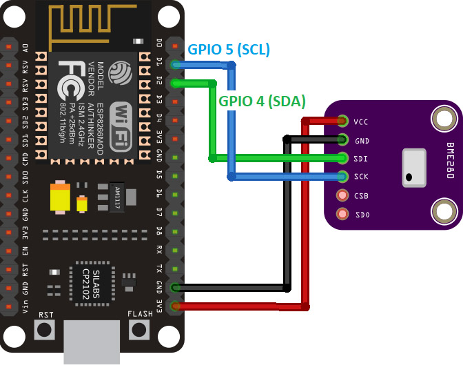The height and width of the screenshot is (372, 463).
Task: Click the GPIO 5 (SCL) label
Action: click(229, 50)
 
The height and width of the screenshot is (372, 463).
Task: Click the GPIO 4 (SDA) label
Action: click(262, 101)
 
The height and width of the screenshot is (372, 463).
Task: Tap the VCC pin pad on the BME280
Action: click(342, 121)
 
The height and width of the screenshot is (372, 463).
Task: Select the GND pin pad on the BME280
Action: click(342, 140)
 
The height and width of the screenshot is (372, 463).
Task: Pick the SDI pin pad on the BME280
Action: click(342, 158)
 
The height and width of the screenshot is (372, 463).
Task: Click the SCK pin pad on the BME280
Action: click(342, 177)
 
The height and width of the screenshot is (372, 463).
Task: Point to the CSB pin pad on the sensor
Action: click(342, 195)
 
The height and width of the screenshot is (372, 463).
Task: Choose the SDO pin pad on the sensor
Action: click(342, 214)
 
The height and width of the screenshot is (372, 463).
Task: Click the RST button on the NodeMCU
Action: click(45, 329)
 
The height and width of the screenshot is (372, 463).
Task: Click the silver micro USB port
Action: click(92, 342)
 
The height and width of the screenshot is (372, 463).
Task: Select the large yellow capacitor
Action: click(60, 197)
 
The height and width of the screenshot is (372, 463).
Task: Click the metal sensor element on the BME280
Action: click(413, 167)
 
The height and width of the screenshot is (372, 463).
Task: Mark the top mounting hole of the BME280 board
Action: click(442, 119)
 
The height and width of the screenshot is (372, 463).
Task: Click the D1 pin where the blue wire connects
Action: click(176, 64)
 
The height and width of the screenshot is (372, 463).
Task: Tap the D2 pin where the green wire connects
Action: click(176, 83)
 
